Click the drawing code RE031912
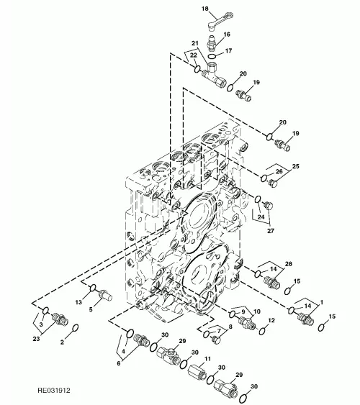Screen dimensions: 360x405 pos(54,391)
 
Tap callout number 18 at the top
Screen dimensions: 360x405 pos(205,9)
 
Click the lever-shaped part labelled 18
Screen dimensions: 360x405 pos(220,20)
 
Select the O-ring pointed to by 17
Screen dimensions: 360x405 pos(212,56)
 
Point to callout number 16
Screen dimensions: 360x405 pos(227,35)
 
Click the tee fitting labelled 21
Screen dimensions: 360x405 pos(215,76)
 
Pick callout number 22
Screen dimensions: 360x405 pos(193,55)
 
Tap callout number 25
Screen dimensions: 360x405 pos(295,166)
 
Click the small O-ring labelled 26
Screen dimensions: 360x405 pos(264,178)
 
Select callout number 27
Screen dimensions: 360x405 pos(270,231)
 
